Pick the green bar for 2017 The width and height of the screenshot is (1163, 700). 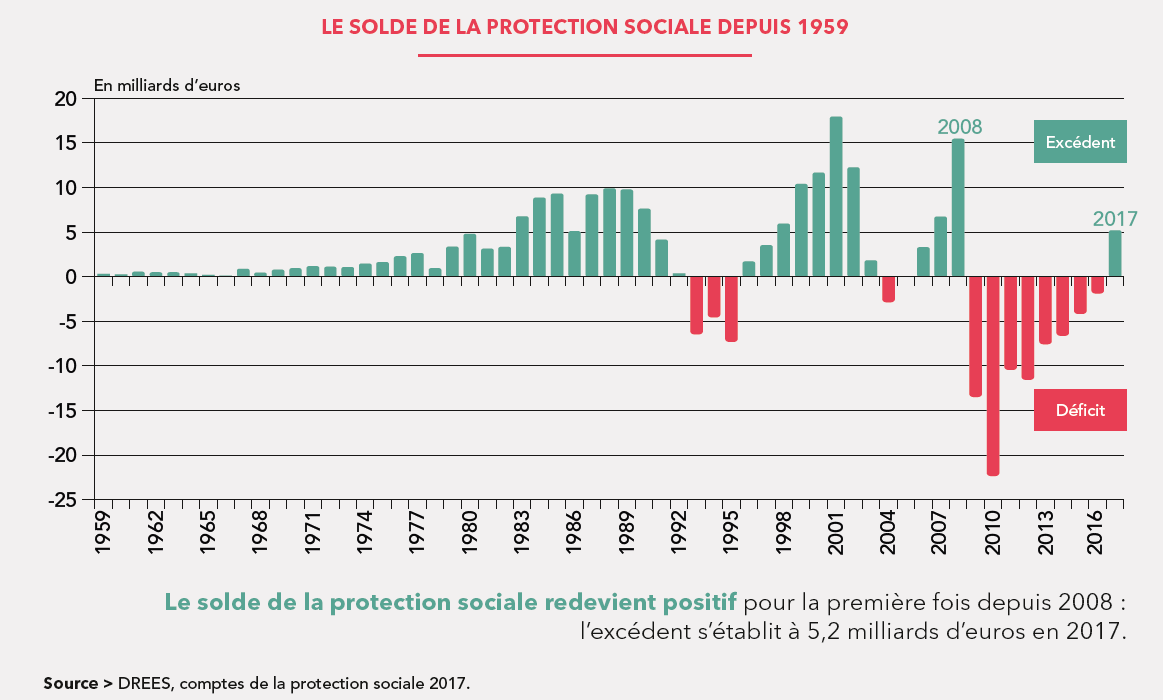click(1115, 254)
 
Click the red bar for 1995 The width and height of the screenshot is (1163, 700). click(731, 309)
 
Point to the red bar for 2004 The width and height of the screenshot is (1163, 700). click(888, 289)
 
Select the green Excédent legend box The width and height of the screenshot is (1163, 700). click(1080, 142)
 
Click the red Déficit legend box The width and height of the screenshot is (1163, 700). click(1080, 410)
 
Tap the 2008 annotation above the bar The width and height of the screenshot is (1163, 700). click(959, 127)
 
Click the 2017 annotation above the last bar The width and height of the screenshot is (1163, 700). click(1115, 219)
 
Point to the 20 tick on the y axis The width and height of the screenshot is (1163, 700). click(66, 99)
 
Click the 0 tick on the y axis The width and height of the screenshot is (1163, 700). click(72, 277)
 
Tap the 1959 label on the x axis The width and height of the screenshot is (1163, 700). click(104, 531)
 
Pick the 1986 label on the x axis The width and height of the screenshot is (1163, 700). click(575, 531)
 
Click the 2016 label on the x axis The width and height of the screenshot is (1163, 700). click(1097, 531)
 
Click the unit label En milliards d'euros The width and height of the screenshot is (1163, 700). click(167, 85)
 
